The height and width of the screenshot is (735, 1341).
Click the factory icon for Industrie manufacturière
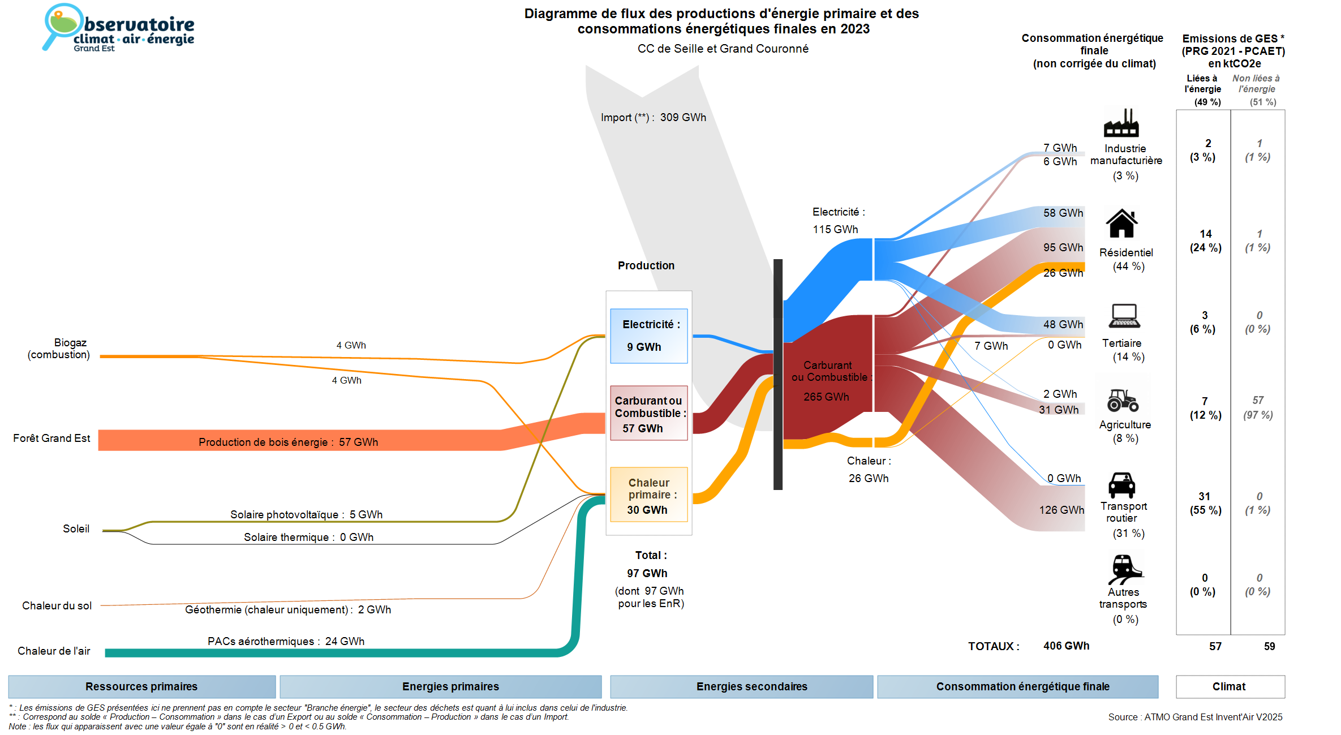pyautogui.click(x=1121, y=123)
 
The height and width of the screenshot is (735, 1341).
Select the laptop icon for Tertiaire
pyautogui.click(x=1124, y=316)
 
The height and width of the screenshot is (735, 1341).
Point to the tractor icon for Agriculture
pyautogui.click(x=1123, y=400)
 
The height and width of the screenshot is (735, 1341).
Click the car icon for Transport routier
pyautogui.click(x=1121, y=485)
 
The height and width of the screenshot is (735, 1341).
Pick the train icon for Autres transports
pyautogui.click(x=1124, y=569)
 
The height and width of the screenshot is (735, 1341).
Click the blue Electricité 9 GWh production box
pyautogui.click(x=648, y=336)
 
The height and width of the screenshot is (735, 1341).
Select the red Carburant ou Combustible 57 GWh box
pyautogui.click(x=648, y=413)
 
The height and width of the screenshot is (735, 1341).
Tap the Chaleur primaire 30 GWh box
pyautogui.click(x=648, y=495)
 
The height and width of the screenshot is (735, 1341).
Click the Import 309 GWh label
pyautogui.click(x=654, y=117)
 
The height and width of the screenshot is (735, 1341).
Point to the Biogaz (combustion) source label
pyautogui.click(x=59, y=349)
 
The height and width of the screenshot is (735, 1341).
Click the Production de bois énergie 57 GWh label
pyautogui.click(x=288, y=442)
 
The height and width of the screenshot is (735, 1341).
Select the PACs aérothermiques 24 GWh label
pyautogui.click(x=286, y=641)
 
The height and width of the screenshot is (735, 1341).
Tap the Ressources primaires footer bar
pyautogui.click(x=141, y=686)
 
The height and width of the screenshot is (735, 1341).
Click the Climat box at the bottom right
pyautogui.click(x=1230, y=686)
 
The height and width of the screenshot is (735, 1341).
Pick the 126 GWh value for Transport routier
pyautogui.click(x=1061, y=510)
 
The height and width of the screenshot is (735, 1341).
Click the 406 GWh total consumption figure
pyautogui.click(x=1066, y=646)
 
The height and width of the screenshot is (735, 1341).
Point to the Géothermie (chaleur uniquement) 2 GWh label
pyautogui.click(x=287, y=609)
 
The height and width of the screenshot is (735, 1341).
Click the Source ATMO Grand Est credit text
pyautogui.click(x=1195, y=717)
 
